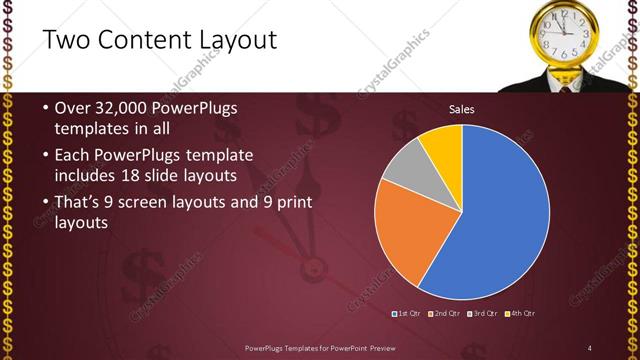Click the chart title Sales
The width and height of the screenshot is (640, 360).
click(461, 109)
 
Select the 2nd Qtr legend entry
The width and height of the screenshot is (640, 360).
click(447, 314)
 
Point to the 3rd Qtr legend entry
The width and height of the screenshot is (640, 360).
click(484, 314)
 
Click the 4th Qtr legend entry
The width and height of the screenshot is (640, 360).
click(520, 314)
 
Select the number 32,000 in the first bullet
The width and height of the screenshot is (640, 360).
click(124, 107)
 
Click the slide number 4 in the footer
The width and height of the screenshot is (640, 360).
click(590, 347)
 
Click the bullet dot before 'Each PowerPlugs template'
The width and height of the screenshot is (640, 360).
click(46, 156)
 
